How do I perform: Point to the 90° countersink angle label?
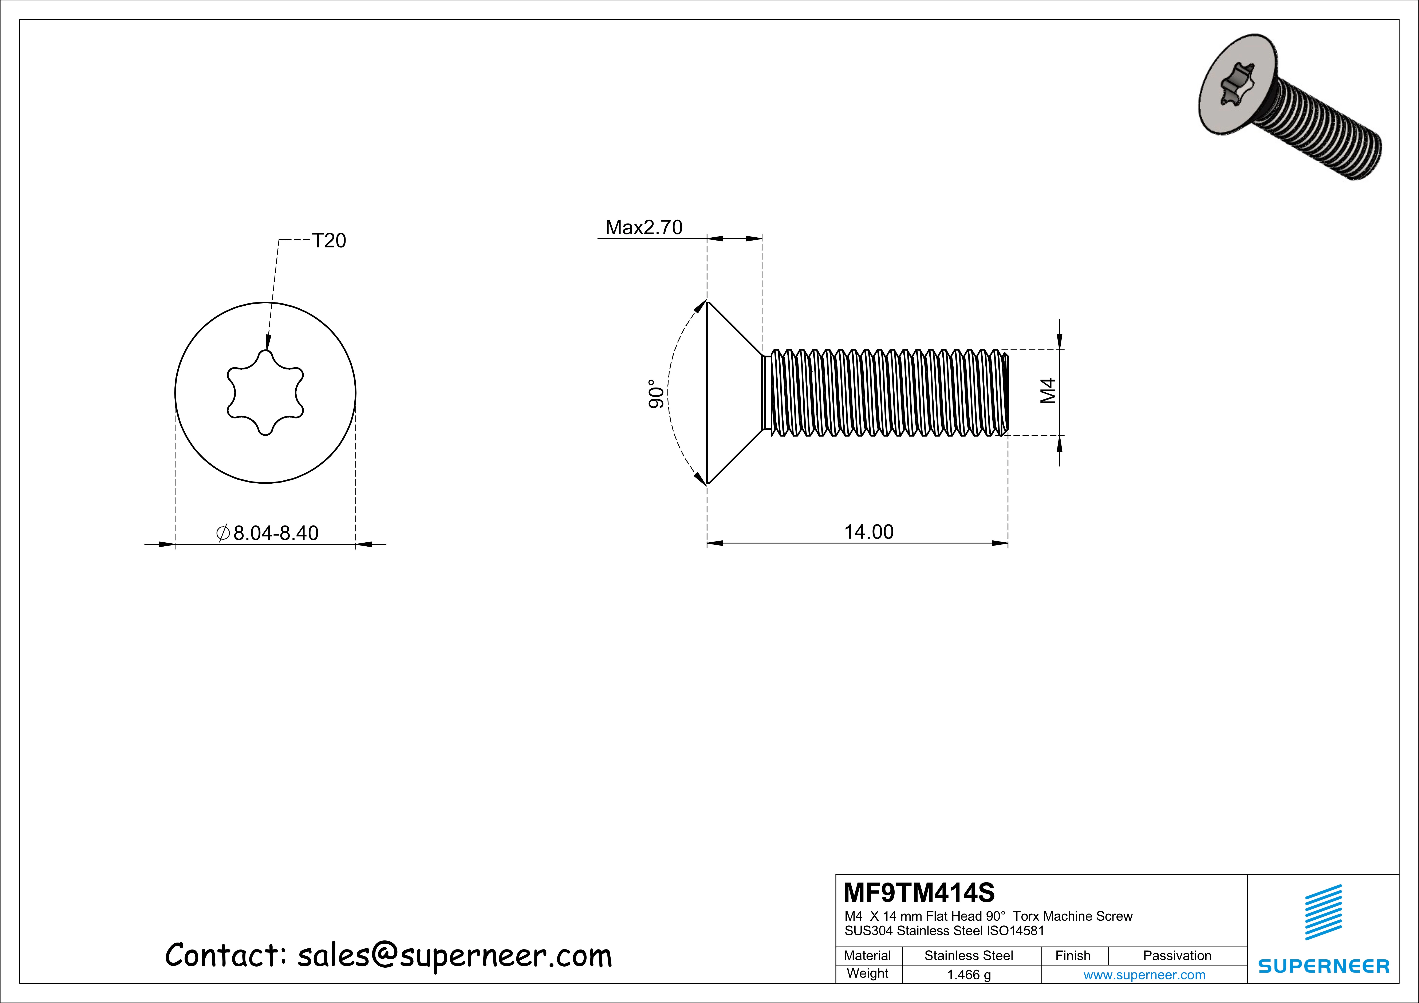point(656,394)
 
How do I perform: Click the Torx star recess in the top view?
point(265,393)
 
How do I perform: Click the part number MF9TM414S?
point(919,892)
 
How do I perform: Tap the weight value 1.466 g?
point(969,975)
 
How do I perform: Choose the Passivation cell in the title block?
point(1177,955)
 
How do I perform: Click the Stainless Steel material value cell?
point(969,955)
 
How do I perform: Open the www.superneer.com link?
point(1144,975)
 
